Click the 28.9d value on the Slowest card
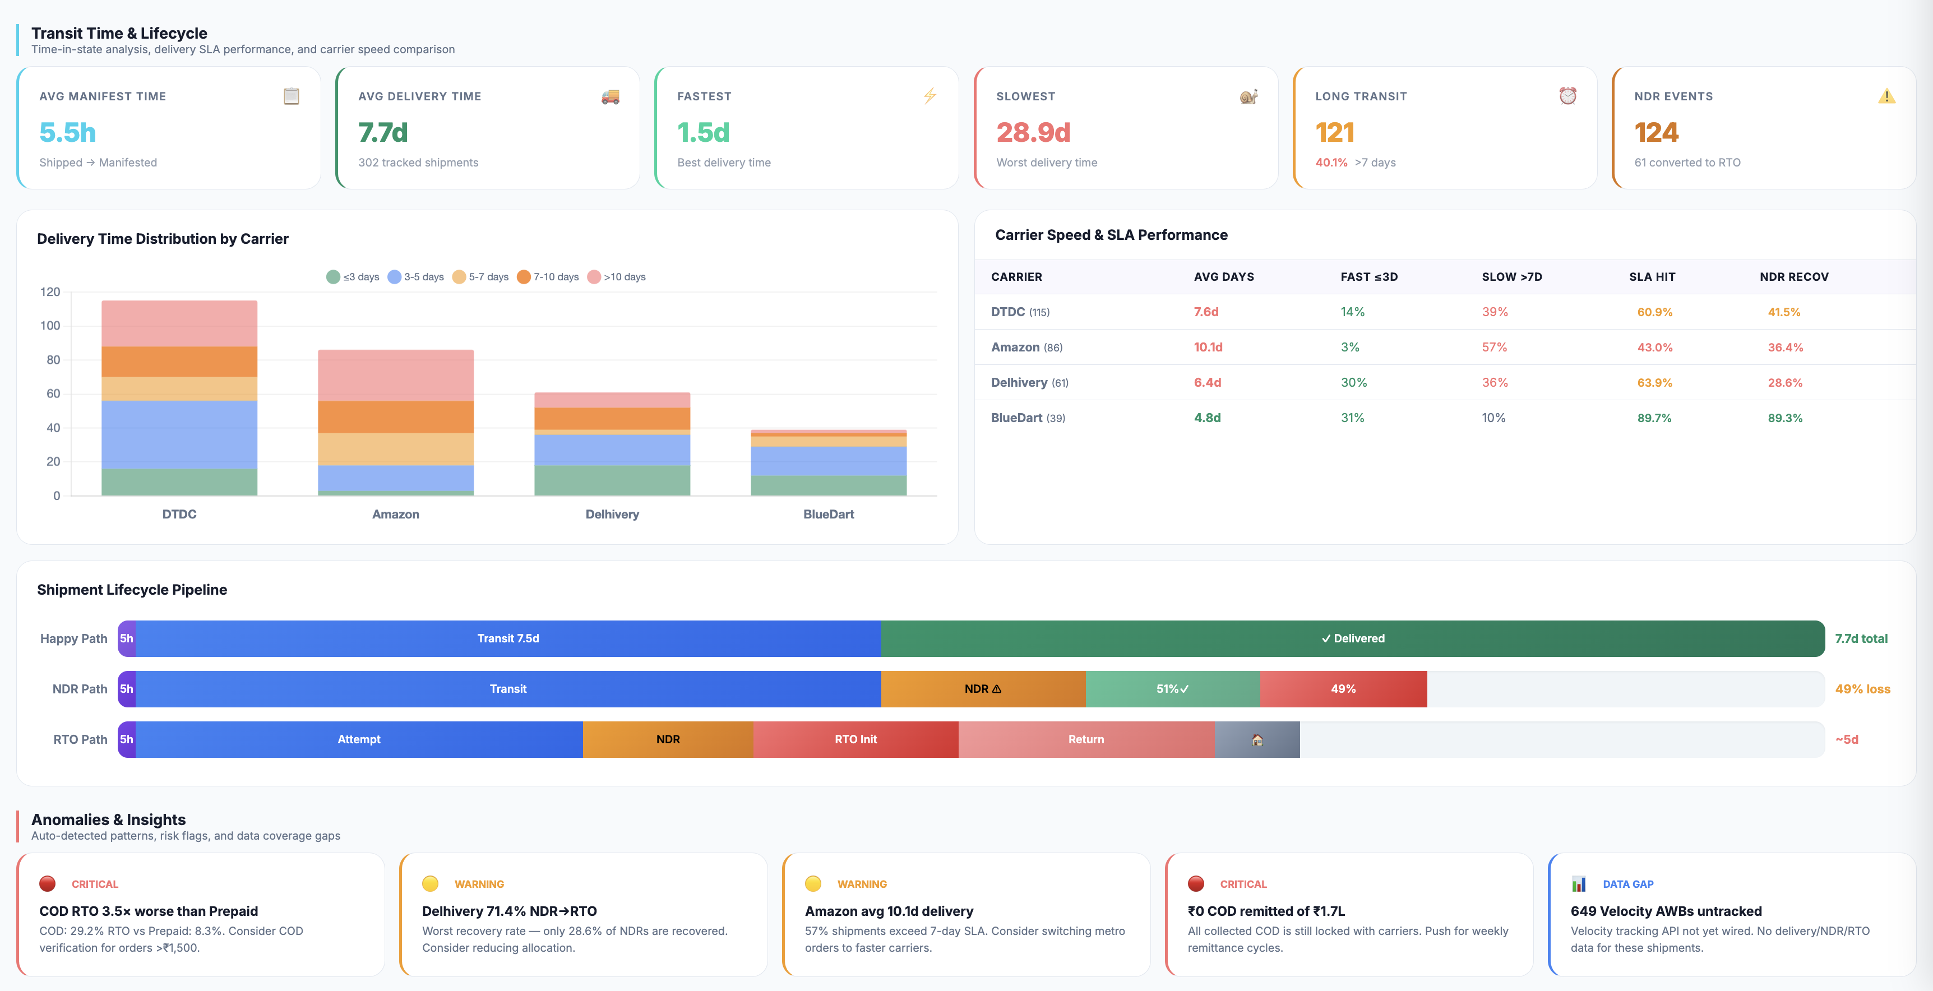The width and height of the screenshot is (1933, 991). (1033, 133)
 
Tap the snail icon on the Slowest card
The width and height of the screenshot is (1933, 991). (1248, 96)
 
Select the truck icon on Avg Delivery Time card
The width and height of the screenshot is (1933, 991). (610, 96)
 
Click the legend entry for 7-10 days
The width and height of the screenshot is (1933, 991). (548, 277)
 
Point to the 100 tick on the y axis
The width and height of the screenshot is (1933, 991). (50, 326)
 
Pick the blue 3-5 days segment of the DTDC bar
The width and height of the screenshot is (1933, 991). (179, 435)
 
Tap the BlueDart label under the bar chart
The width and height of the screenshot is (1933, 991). (829, 514)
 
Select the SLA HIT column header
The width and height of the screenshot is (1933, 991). (1652, 277)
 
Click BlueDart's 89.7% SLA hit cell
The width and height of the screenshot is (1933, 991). (1654, 418)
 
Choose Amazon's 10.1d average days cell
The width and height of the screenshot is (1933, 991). (1208, 348)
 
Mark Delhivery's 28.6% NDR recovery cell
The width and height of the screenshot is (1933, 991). (1784, 383)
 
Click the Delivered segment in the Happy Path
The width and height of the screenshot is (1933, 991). (1353, 638)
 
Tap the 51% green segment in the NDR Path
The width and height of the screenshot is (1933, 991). (1173, 689)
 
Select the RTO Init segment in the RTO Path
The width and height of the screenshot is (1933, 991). (855, 739)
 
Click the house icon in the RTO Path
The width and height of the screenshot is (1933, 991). (1257, 740)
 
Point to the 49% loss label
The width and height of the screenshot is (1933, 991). (1862, 689)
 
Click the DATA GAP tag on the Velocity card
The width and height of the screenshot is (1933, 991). (1627, 884)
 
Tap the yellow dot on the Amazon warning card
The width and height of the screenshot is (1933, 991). (813, 884)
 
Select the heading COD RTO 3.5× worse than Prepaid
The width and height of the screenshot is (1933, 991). (149, 911)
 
